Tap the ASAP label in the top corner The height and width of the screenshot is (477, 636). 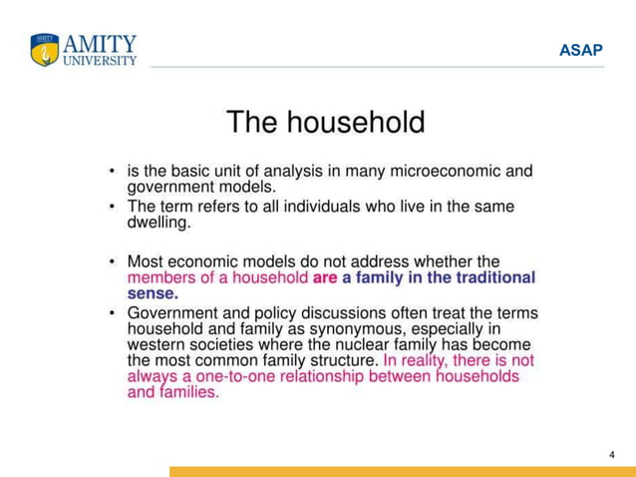click(x=581, y=50)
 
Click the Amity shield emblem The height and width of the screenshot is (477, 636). click(x=45, y=50)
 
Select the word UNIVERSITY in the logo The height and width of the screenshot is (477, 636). click(x=101, y=60)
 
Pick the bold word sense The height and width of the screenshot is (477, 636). click(x=153, y=294)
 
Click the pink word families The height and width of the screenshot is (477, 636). click(x=188, y=393)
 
